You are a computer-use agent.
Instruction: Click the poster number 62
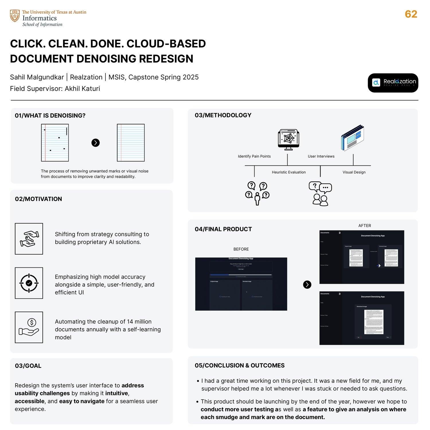411,14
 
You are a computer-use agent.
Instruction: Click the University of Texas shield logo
15,16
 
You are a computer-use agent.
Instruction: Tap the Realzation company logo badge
393,83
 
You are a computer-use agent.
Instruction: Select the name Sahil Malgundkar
37,77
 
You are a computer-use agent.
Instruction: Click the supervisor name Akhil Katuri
82,89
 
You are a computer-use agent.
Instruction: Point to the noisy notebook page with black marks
55,143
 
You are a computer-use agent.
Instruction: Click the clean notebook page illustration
131,143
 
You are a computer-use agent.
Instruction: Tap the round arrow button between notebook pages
95,143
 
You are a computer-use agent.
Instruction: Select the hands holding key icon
29,239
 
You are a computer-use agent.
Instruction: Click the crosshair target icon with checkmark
29,283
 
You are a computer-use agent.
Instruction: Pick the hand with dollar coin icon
29,327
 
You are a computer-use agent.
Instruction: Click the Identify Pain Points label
254,156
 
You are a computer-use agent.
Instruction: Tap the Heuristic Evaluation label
289,172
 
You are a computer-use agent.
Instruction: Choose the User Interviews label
321,156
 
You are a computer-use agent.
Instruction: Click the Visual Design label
354,172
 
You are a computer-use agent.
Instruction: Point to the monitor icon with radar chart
288,140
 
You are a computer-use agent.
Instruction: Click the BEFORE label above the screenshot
241,249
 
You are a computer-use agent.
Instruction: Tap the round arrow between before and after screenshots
307,285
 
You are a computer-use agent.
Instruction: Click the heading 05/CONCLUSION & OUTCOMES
240,365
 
